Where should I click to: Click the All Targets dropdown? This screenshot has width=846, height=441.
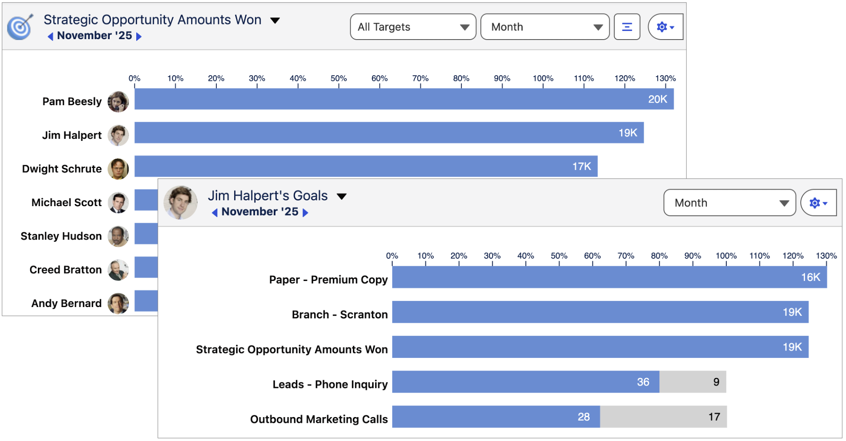[413, 27]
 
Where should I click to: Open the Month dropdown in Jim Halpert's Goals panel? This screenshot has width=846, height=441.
[729, 203]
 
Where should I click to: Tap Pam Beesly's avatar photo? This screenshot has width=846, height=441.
[118, 102]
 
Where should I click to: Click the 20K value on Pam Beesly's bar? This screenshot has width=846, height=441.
[657, 100]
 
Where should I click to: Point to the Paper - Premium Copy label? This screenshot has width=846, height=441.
[328, 280]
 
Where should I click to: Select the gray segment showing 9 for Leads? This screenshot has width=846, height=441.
[692, 382]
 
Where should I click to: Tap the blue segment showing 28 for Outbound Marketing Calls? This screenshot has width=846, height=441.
[496, 417]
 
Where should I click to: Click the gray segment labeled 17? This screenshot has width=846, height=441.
[663, 417]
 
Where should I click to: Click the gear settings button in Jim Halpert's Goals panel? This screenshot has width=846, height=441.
[818, 203]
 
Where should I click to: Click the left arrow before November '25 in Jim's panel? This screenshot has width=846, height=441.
[215, 212]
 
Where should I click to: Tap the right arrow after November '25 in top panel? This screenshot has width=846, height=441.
[139, 36]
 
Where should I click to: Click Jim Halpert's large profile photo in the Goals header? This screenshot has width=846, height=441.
[180, 203]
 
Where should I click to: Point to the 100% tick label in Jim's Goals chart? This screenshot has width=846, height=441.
[726, 256]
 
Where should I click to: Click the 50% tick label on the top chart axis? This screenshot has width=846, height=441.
[339, 78]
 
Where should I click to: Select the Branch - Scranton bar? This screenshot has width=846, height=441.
[600, 312]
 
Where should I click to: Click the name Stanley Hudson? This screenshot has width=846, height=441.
[61, 236]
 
